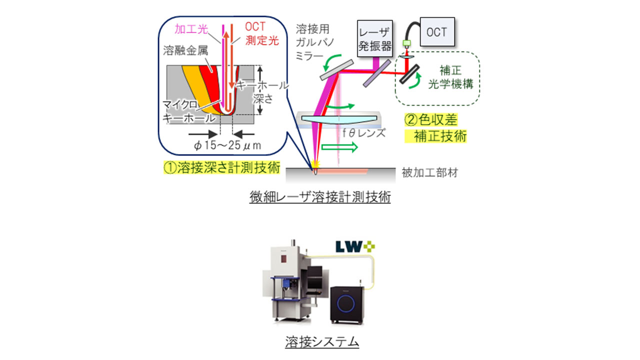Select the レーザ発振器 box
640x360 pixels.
375,39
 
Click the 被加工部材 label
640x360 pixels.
429,173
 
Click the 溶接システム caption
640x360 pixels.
319,342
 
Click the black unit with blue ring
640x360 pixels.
347,303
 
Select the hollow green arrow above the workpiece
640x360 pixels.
339,147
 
